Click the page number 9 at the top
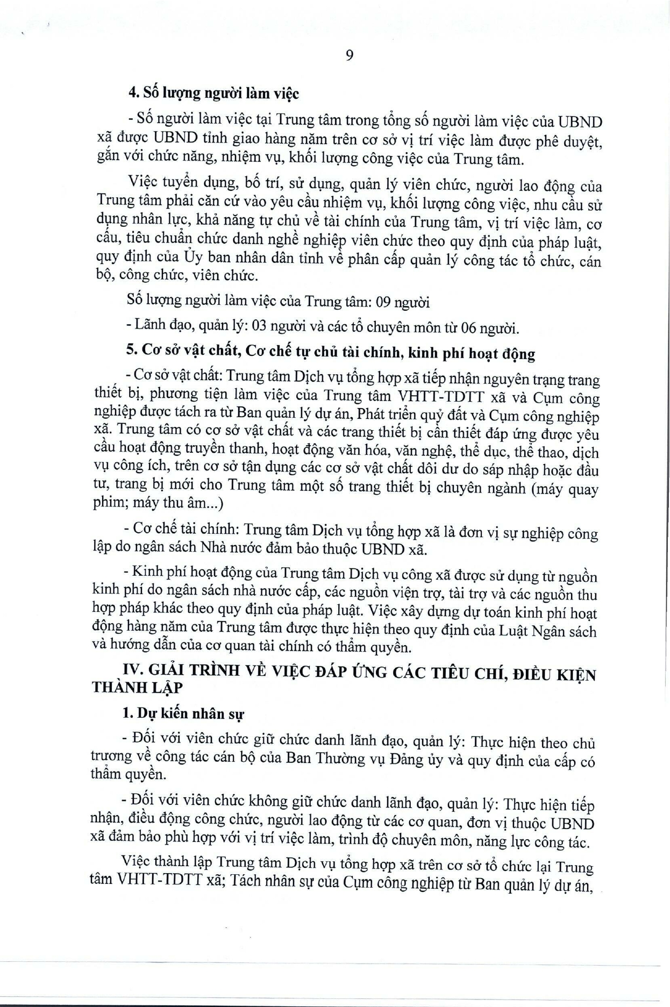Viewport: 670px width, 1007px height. coord(350,55)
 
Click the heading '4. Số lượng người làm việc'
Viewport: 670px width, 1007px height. coord(213,94)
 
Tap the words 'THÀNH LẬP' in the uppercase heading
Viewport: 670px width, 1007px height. coord(138,688)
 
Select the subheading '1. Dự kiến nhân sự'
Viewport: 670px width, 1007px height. coord(183,713)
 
